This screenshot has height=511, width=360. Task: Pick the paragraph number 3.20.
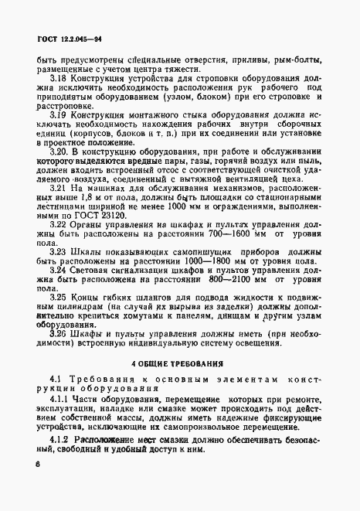point(61,151)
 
